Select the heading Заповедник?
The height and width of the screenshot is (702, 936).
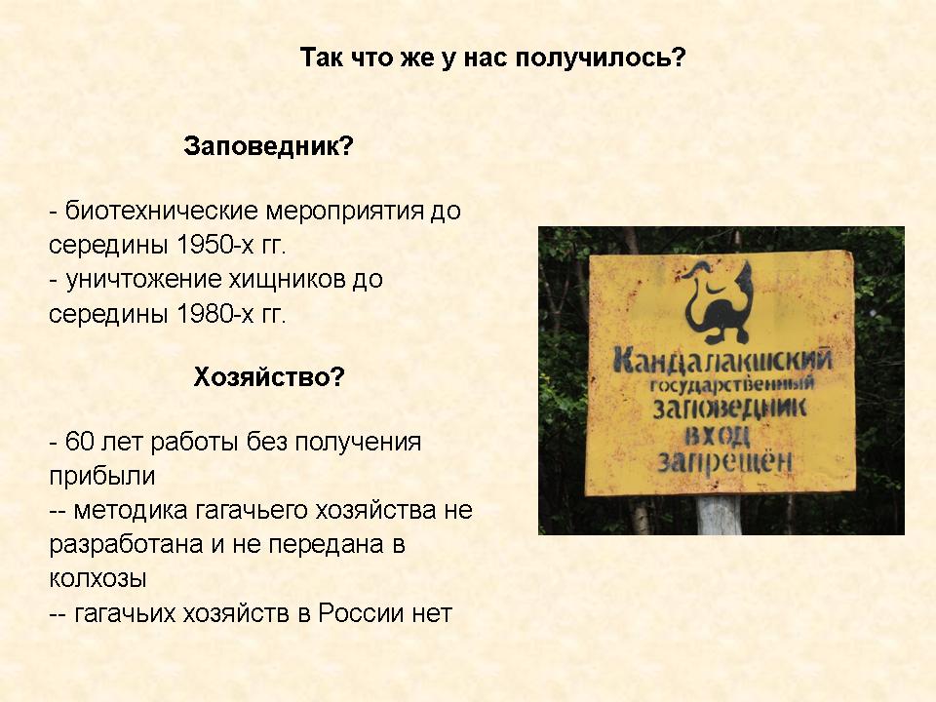point(269,145)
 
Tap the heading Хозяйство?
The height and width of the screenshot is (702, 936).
point(269,376)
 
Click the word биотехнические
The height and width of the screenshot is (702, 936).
point(161,211)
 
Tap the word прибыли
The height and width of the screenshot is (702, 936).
point(102,477)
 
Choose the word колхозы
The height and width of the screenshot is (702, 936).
point(97,578)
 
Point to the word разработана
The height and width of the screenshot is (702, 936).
point(126,545)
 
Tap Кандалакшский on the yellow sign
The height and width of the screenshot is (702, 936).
point(722,360)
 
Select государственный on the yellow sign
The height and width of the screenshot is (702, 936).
point(732,384)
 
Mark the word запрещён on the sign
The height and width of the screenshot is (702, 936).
point(724,462)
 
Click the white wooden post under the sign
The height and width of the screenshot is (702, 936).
point(719,515)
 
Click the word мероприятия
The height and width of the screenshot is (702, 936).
point(344,211)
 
